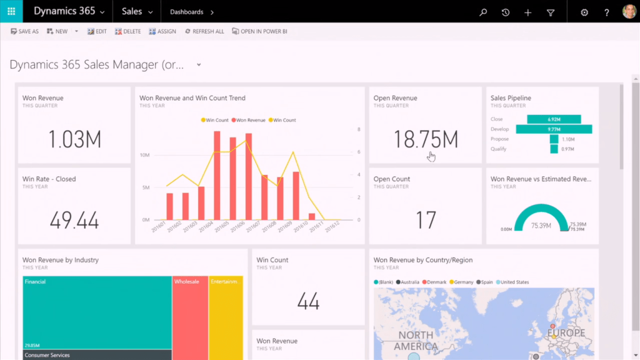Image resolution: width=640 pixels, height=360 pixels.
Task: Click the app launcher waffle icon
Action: tap(11, 12)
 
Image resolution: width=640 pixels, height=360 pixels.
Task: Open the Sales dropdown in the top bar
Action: tap(137, 12)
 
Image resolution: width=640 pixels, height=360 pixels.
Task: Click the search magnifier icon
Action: tap(482, 12)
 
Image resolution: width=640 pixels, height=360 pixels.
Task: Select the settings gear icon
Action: tap(584, 12)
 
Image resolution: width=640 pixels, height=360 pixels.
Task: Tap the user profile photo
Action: tap(629, 12)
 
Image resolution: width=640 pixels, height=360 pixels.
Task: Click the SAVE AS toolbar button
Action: tap(25, 31)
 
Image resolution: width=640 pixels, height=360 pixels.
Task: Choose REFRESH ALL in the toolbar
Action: tap(204, 31)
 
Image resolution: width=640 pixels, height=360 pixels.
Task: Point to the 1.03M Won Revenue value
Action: tap(74, 139)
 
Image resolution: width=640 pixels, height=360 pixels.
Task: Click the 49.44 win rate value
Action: tap(74, 220)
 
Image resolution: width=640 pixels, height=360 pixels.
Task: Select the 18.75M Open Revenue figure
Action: tap(426, 139)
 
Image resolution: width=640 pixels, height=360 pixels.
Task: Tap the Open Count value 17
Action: tap(426, 220)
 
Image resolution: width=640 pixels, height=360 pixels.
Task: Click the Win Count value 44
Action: tap(308, 301)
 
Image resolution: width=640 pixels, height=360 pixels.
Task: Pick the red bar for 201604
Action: tap(217, 175)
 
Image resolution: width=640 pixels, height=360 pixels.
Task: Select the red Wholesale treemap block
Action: tap(190, 312)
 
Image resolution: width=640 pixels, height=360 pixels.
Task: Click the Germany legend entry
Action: tap(462, 282)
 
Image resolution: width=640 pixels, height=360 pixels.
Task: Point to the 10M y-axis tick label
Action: tap(144, 155)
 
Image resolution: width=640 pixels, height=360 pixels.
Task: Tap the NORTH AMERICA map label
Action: tap(416, 341)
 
